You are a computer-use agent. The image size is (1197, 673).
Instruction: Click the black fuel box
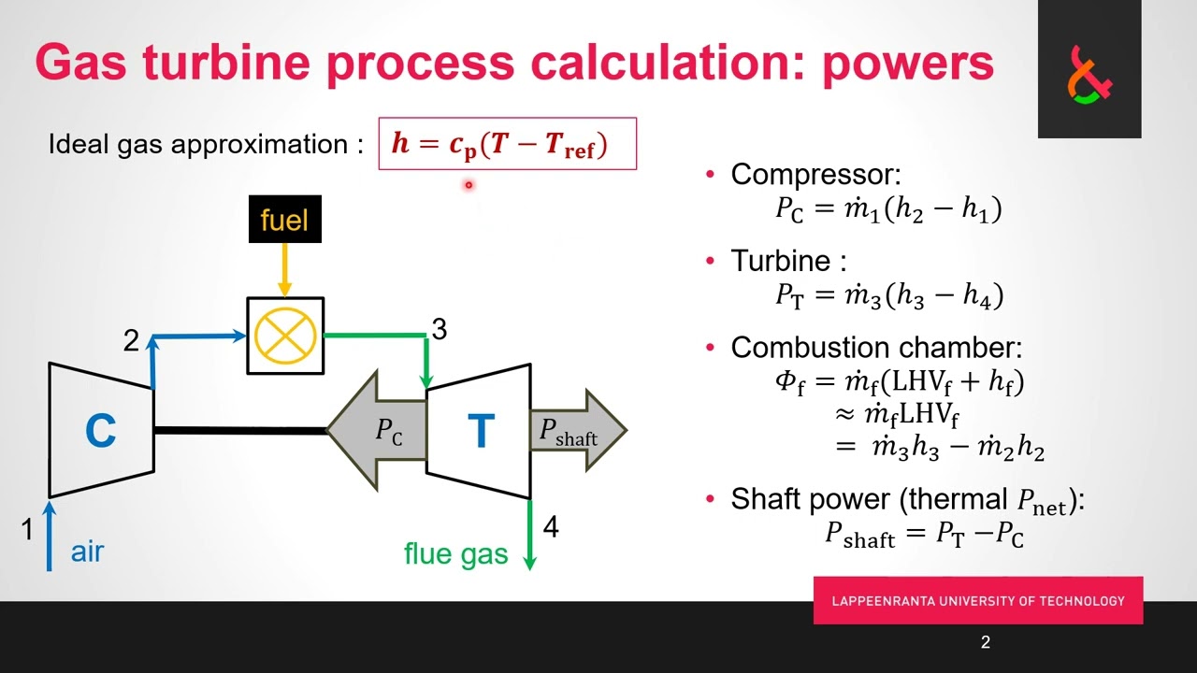[x=285, y=220]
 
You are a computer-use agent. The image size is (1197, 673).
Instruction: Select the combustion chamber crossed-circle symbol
[x=285, y=336]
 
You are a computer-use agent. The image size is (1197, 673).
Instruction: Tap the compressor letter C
[x=100, y=431]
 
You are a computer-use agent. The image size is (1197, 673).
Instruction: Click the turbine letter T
[x=481, y=431]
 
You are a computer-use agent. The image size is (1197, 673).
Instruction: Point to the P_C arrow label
[x=389, y=431]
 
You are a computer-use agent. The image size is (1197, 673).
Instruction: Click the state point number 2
[x=131, y=341]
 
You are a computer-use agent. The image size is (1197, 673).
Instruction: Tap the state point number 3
[x=439, y=329]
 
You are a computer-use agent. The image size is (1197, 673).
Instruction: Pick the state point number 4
[x=551, y=527]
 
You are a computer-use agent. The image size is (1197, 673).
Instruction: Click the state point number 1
[x=27, y=530]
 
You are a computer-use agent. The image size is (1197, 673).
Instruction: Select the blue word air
[x=87, y=551]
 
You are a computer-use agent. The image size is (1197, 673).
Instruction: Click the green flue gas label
[x=455, y=554]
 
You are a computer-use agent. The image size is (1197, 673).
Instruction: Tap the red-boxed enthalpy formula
[x=507, y=144]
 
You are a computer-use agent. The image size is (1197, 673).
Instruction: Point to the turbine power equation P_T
[x=888, y=296]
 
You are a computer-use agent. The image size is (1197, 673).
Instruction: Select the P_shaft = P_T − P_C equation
[x=924, y=534]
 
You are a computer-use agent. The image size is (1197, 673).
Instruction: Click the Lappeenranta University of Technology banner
[x=977, y=600]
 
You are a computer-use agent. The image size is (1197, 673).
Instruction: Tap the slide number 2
[x=986, y=642]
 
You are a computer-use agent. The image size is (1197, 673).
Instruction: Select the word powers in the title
[x=907, y=63]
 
